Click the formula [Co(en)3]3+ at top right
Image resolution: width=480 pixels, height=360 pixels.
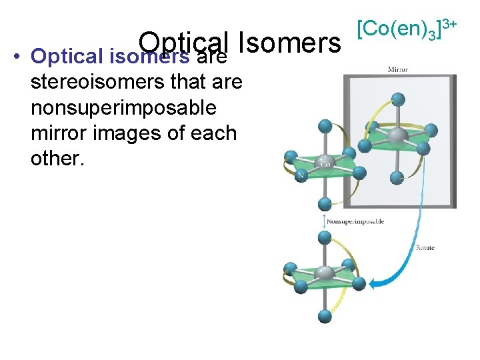[x=407, y=29]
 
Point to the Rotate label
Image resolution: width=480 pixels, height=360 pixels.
[x=425, y=248]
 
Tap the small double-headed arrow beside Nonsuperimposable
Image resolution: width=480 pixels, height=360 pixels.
[x=324, y=221]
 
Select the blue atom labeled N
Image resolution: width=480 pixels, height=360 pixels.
[x=301, y=176]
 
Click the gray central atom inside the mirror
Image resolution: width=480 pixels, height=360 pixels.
[x=397, y=137]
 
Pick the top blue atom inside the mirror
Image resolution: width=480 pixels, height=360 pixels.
[x=398, y=99]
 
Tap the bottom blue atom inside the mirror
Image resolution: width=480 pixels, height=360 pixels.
[x=397, y=177]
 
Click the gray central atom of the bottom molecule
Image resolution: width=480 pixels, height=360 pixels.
[x=325, y=273]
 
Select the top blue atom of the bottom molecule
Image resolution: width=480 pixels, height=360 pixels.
[x=325, y=237]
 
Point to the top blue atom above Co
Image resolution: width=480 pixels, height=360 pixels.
[x=325, y=126]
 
